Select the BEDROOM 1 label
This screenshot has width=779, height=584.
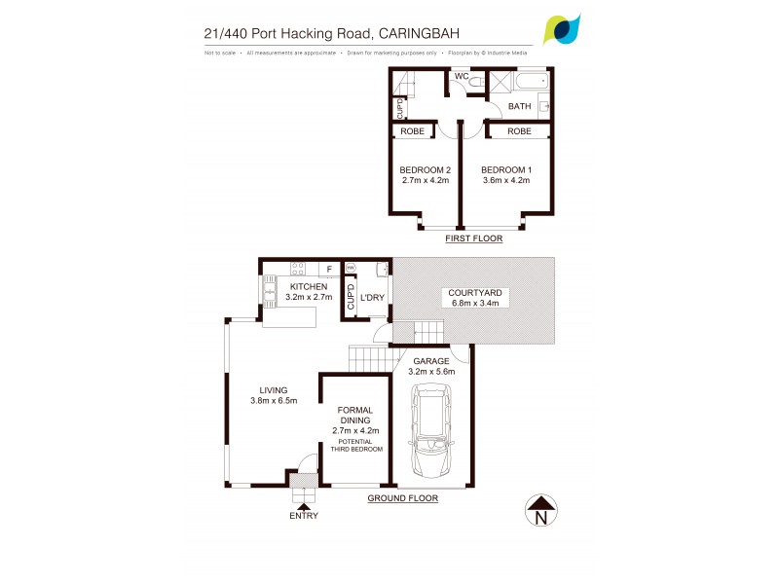click(x=506, y=169)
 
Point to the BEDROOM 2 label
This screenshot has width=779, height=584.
click(x=425, y=169)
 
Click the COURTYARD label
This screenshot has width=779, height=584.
click(x=474, y=292)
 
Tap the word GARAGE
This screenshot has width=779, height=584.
click(x=431, y=360)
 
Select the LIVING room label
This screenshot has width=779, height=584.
click(x=274, y=389)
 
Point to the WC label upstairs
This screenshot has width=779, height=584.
click(x=462, y=76)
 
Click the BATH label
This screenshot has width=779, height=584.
click(x=519, y=106)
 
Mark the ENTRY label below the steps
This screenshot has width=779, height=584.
click(x=303, y=516)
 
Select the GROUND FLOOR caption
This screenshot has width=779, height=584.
click(x=402, y=497)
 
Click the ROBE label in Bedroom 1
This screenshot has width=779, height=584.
click(x=519, y=130)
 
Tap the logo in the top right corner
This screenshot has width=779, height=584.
click(x=562, y=29)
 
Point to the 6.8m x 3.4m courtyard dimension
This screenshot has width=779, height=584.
click(x=474, y=303)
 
